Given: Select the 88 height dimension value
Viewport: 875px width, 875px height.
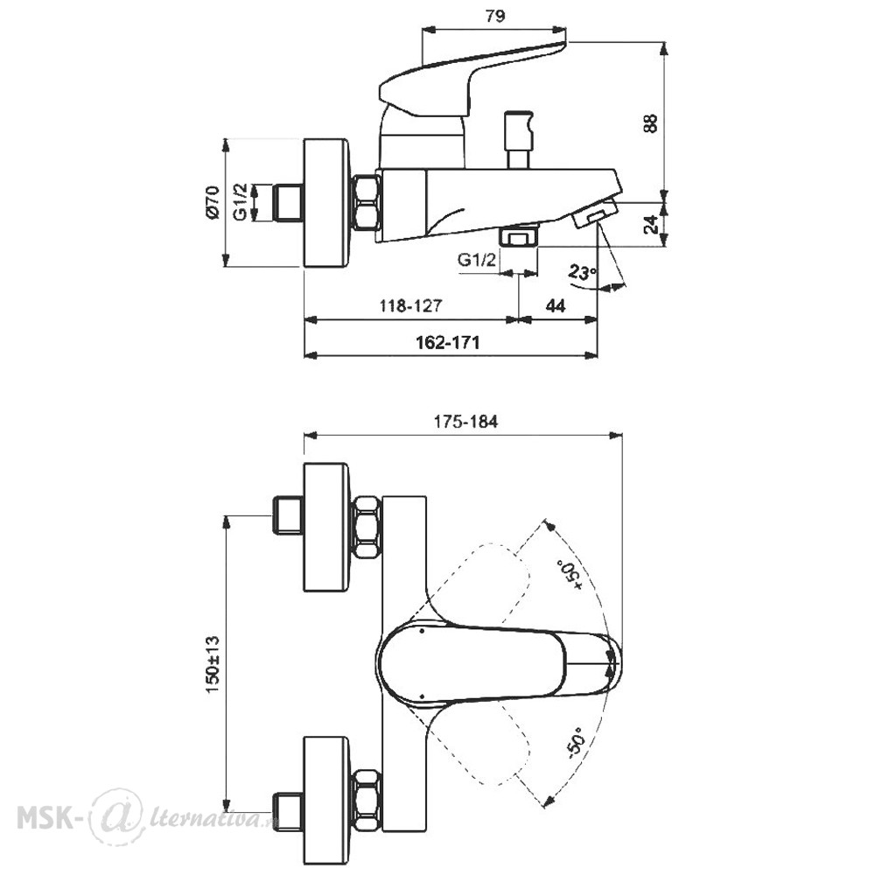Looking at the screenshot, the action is (x=651, y=122).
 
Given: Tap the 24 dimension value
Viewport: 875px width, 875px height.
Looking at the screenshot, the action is (x=651, y=224).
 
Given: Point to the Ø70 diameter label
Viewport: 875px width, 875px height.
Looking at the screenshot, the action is (x=213, y=202).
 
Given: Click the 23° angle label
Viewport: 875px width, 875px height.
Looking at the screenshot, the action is (x=582, y=273).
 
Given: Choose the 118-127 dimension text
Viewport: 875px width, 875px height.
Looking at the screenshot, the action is (x=410, y=305).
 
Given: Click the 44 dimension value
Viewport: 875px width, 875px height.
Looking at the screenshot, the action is (x=555, y=305).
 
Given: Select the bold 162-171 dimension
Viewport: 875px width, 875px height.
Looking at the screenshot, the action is (x=447, y=342).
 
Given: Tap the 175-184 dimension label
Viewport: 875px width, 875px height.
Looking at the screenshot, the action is (x=465, y=422).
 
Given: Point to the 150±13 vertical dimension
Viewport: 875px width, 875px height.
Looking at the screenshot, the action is (x=213, y=664).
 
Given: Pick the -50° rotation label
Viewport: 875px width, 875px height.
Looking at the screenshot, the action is (x=575, y=743).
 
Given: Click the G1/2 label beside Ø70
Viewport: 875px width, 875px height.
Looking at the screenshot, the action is (x=240, y=202).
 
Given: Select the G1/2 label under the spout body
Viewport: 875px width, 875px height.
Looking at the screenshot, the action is (x=476, y=260).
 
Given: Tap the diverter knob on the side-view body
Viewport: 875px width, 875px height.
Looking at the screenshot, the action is (x=518, y=139).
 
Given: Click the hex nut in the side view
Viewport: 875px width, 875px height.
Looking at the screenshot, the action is (x=366, y=202).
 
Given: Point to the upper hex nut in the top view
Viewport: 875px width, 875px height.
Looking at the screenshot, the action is (x=366, y=526).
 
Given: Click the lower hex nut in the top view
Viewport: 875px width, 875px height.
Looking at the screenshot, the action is (x=366, y=799).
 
